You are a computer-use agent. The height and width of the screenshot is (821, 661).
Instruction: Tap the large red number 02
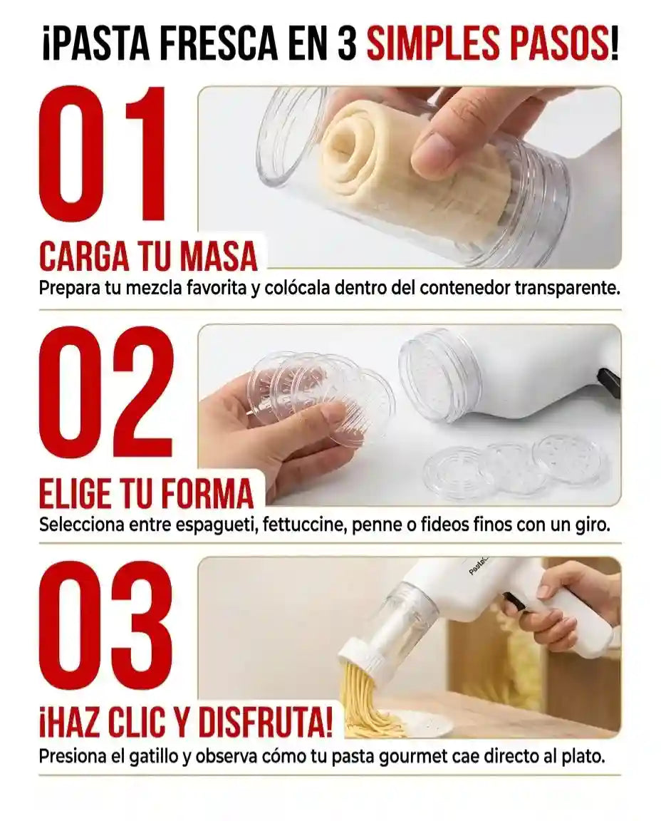[106, 393]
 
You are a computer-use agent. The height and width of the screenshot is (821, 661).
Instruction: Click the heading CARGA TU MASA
[148, 257]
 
